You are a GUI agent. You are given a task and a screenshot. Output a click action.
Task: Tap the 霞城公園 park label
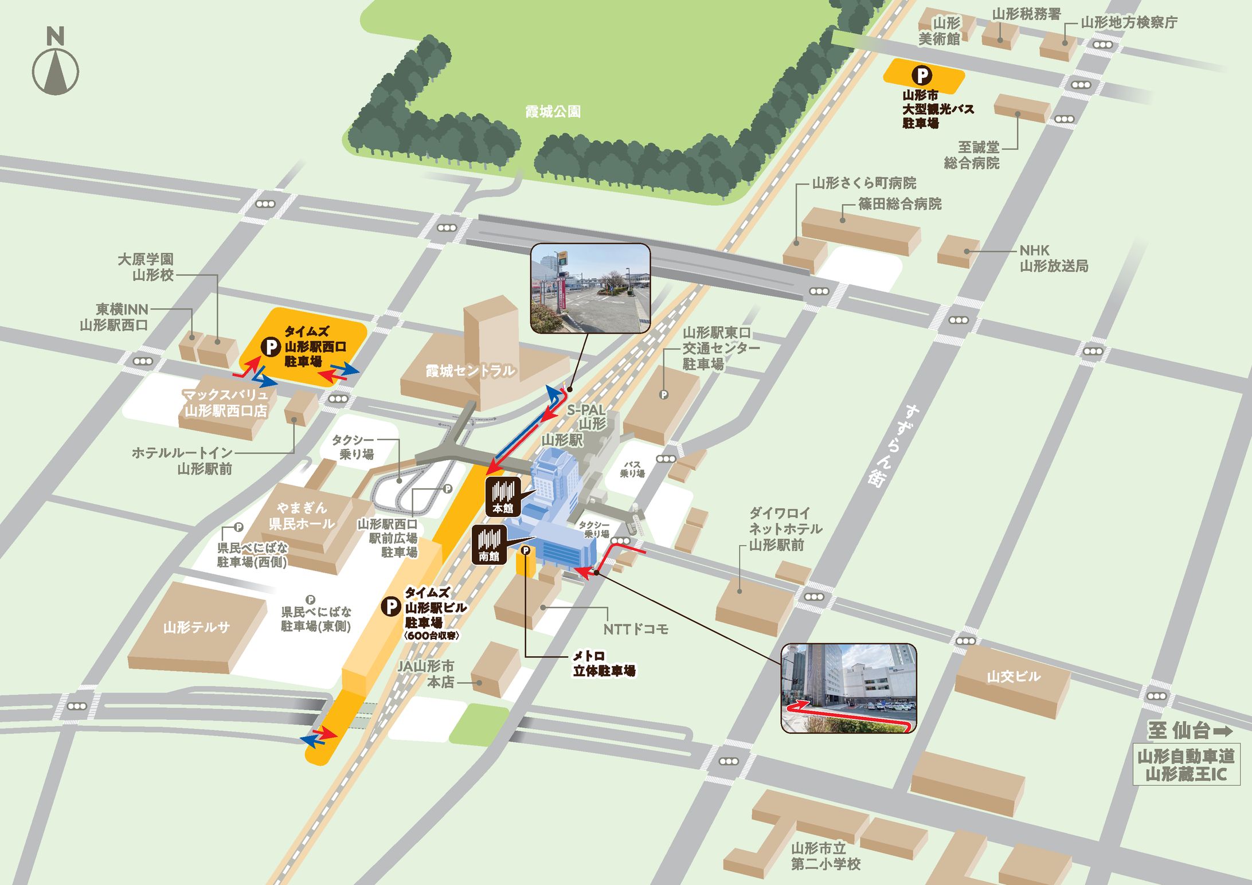coord(553,111)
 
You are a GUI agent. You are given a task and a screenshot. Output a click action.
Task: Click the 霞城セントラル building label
coord(469,371)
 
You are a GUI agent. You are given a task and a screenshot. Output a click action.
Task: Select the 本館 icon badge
coord(503,496)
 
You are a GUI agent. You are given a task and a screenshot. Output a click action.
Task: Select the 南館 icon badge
coord(488,545)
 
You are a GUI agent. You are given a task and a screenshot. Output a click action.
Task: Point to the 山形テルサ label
coord(196,627)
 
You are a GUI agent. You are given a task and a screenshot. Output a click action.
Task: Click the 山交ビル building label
coord(1013,676)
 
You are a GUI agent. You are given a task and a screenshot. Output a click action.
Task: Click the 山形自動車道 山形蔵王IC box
coord(1186,765)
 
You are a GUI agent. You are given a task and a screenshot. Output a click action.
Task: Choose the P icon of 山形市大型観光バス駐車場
coord(922,75)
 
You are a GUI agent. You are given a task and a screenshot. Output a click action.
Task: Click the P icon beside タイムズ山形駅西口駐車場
coord(270,346)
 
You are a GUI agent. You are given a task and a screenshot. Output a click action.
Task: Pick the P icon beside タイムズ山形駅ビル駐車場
coord(391,606)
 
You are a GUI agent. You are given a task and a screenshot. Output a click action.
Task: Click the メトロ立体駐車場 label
coord(604,663)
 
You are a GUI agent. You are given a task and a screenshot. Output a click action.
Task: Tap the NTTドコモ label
coord(636,629)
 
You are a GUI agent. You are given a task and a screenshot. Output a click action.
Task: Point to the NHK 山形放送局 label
coord(1053,258)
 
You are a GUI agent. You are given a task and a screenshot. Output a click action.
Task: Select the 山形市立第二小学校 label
coord(825,856)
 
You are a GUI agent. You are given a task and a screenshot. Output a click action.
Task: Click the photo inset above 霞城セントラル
coord(590,288)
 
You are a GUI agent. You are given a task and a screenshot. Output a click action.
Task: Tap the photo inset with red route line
coord(848,688)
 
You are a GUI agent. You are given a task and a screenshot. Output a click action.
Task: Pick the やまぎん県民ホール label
coord(302,515)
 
